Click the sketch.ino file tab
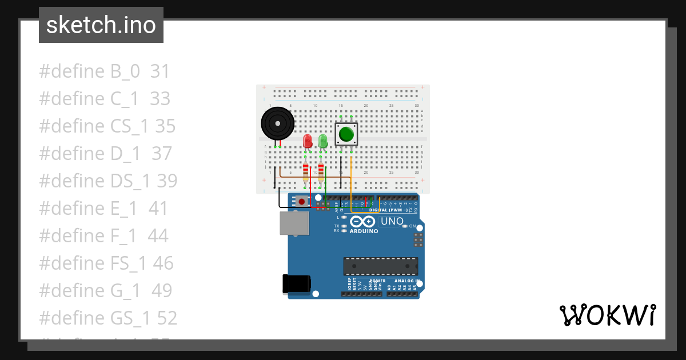pos(101,25)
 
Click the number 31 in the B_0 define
pos(160,71)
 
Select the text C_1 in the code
pos(125,99)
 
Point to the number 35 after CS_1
pos(165,126)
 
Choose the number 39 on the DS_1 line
pos(167,181)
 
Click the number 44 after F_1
pos(158,235)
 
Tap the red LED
pos(308,141)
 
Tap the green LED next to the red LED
pos(323,141)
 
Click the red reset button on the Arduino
pos(301,201)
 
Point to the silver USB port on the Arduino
pos(294,223)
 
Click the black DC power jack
pos(297,284)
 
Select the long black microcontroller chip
pos(380,266)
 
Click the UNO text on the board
pos(392,221)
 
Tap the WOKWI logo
pos(607,315)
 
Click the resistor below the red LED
pos(305,171)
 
